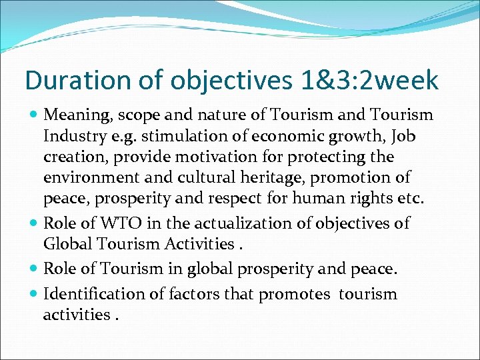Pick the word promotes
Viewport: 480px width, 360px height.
(x=293, y=294)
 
